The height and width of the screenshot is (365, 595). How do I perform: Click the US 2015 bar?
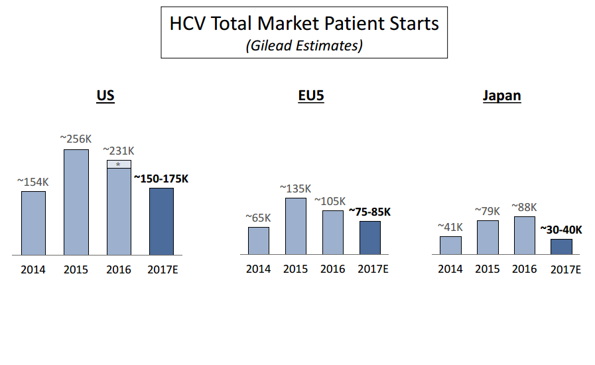pos(76,202)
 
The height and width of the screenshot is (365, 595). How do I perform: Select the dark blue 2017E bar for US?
pos(161,222)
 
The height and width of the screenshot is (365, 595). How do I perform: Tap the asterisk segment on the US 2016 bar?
pos(119,164)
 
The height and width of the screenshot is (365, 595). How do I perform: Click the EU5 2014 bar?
pos(259,241)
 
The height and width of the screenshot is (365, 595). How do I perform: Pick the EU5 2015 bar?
pos(296,226)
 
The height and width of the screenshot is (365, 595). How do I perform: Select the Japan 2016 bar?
pos(525,236)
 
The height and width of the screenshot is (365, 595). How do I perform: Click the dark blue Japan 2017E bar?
pos(561,247)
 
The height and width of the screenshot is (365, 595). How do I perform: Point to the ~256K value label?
pos(76,139)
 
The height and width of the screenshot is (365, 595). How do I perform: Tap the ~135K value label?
pos(296,188)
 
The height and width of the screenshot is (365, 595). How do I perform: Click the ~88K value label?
pos(524,206)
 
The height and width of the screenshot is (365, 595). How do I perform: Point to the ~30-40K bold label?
pos(561,230)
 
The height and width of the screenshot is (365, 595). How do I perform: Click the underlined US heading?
pos(105,96)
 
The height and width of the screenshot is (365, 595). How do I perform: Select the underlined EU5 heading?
pos(311,96)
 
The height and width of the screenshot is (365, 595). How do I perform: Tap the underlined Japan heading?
pos(501,96)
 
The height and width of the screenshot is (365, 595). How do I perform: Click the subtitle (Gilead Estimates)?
pos(304,46)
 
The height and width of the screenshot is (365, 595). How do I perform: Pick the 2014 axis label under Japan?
pos(450,269)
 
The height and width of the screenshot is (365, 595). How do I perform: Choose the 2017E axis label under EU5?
pos(373,269)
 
